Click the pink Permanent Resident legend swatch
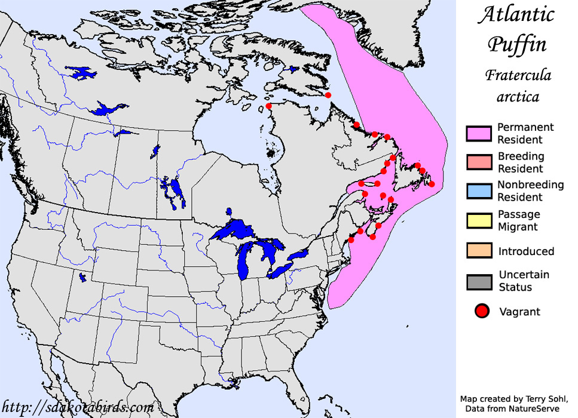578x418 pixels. [479, 134]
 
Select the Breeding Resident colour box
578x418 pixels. [479, 162]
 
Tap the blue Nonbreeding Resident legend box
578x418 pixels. [479, 191]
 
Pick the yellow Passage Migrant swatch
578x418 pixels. [479, 220]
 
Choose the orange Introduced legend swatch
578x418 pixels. [479, 251]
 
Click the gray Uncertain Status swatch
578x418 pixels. [479, 281]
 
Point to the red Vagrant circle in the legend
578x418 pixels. [483, 311]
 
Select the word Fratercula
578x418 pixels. [518, 75]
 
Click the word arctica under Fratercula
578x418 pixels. [518, 96]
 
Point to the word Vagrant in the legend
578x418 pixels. [519, 312]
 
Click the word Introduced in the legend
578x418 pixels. [526, 251]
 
